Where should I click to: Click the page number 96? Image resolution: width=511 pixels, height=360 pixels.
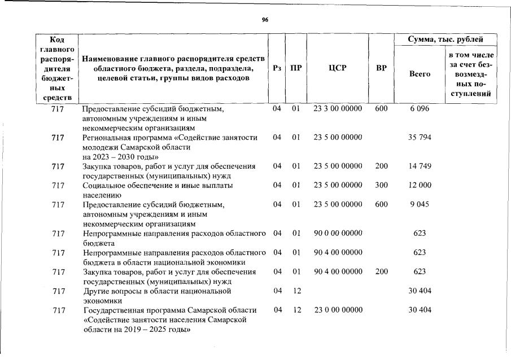pos(265,19)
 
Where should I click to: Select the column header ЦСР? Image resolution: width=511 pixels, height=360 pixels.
pos(337,68)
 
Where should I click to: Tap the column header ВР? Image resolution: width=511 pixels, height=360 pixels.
pos(381,68)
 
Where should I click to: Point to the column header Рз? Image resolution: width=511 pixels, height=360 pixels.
pos(277,68)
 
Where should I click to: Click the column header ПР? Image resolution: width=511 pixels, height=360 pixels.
pos(295,68)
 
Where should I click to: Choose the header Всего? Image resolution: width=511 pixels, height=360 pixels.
pos(419,74)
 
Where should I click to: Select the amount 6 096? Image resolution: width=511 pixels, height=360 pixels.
pos(419,108)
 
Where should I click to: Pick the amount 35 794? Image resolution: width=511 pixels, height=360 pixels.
pos(420,137)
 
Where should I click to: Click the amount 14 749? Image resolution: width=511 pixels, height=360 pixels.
pos(420,166)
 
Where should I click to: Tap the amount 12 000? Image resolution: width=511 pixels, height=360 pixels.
pos(420,185)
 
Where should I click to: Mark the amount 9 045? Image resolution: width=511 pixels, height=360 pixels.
pos(420,204)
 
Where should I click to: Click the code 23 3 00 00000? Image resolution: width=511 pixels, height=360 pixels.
pos(338,108)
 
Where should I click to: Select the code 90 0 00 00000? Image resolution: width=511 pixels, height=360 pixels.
pos(338,233)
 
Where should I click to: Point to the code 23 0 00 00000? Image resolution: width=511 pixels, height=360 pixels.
pos(338,310)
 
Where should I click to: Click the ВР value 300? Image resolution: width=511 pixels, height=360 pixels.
pos(381,185)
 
